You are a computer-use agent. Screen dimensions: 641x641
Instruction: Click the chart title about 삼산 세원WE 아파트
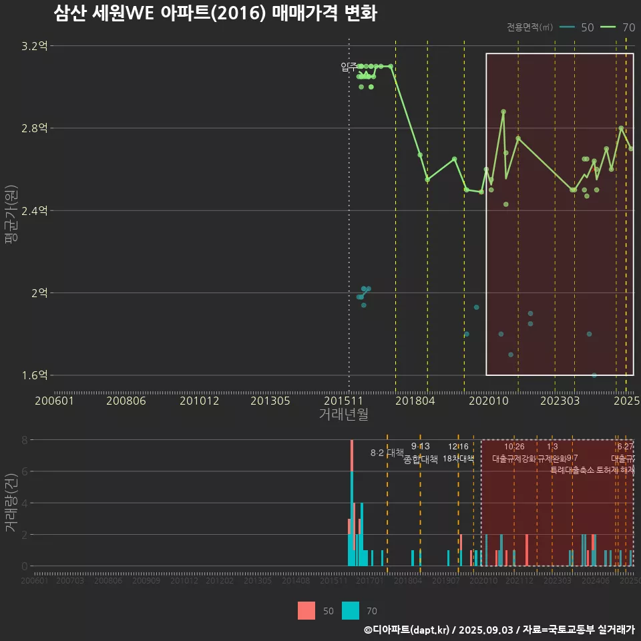pyautogui.click(x=215, y=13)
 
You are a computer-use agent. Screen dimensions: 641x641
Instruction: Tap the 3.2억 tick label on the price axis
pyautogui.click(x=35, y=46)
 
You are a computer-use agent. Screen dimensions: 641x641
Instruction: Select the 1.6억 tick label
pyautogui.click(x=35, y=375)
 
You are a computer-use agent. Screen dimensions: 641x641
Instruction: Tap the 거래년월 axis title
pyautogui.click(x=343, y=415)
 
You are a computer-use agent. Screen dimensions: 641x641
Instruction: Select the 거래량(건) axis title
pyautogui.click(x=11, y=503)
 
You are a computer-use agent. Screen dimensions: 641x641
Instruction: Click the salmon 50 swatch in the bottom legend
pyautogui.click(x=306, y=610)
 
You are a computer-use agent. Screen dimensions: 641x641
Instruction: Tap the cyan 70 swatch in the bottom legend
pyautogui.click(x=351, y=610)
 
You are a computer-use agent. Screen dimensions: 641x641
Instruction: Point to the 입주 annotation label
pyautogui.click(x=349, y=67)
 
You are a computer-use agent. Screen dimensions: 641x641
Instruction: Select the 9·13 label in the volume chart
pyautogui.click(x=420, y=446)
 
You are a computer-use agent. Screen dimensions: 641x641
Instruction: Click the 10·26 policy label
pyautogui.click(x=514, y=446)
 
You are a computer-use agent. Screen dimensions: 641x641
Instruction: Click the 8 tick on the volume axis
pyautogui.click(x=24, y=440)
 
